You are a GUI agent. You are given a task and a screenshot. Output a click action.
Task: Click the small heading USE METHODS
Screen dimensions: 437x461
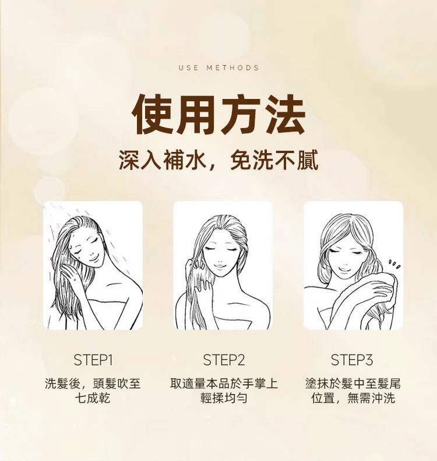tap(218, 68)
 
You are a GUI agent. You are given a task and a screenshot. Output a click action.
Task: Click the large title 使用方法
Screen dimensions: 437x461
tap(219, 114)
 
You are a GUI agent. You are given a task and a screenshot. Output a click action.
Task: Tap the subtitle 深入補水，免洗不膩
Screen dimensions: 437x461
tap(218, 160)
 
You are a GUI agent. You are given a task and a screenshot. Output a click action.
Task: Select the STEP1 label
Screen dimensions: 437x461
tap(93, 360)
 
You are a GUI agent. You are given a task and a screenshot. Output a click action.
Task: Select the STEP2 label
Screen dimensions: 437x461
tap(224, 360)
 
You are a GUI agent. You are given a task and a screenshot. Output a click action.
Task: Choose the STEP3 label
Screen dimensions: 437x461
tap(352, 360)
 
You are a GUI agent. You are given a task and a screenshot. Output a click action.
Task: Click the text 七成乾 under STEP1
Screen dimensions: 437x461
tap(93, 398)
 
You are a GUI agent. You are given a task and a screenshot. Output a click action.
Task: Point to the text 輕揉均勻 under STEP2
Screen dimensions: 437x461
tap(224, 398)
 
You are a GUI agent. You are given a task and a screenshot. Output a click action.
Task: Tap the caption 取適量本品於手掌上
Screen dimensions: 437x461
tap(224, 384)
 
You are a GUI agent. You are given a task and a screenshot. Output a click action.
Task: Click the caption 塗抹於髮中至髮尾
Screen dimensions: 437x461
tap(353, 384)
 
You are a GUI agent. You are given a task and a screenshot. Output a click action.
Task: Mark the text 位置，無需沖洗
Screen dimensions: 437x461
tap(353, 398)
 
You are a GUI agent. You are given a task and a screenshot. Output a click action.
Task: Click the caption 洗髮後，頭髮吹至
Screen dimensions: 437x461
tap(93, 384)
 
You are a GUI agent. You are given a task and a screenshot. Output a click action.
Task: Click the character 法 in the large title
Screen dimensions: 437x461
tap(286, 114)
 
